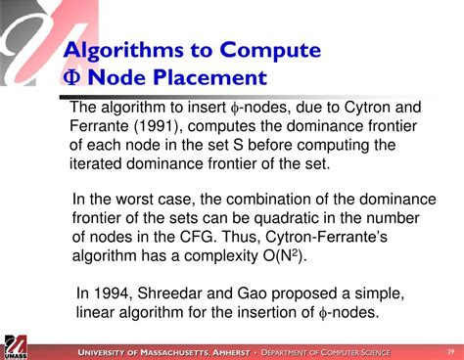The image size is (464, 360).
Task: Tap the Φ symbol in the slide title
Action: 71,76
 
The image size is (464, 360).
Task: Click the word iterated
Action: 99,163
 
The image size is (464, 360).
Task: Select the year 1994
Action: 112,293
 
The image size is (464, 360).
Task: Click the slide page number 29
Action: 449,350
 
